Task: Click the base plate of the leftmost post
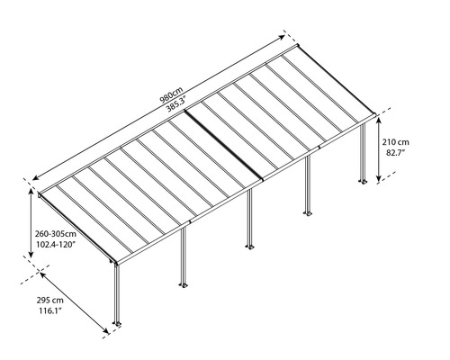116,323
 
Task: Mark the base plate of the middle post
247,244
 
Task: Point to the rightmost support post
364,153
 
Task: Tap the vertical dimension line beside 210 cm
379,147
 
